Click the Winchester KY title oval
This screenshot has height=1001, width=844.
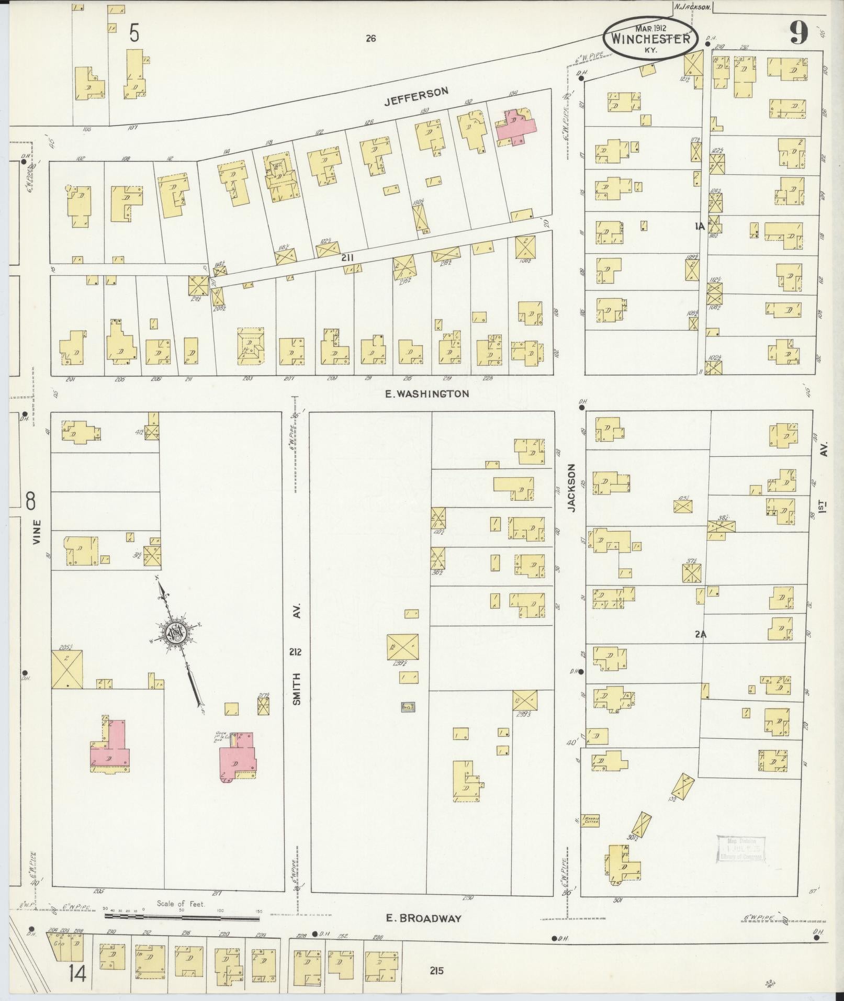(651, 38)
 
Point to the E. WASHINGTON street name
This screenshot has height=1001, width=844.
(427, 394)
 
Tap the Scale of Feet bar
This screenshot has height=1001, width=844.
(183, 916)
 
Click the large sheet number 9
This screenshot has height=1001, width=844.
(798, 33)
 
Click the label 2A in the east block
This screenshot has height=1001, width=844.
(701, 634)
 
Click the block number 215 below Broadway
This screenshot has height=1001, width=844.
(437, 971)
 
